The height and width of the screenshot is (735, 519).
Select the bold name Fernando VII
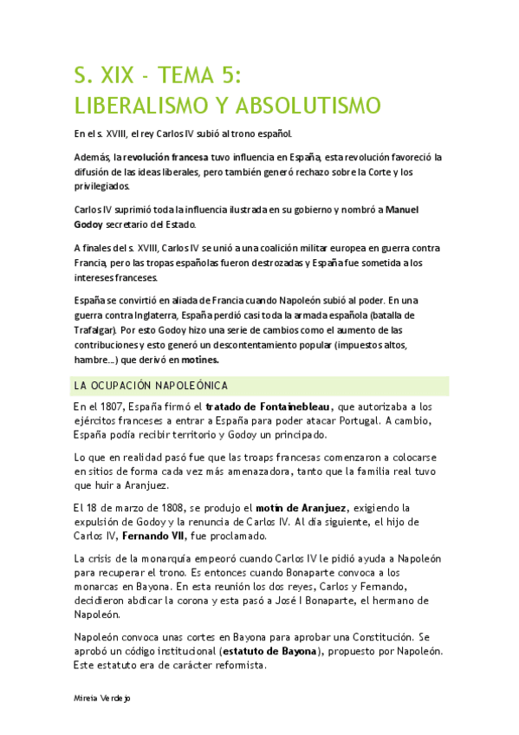pyautogui.click(x=159, y=537)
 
